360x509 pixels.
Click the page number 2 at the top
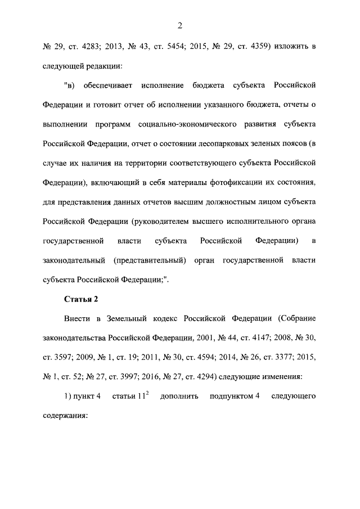180,25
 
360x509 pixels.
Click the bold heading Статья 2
81,299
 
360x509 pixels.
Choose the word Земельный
127,318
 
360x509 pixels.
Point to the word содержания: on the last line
66,416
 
